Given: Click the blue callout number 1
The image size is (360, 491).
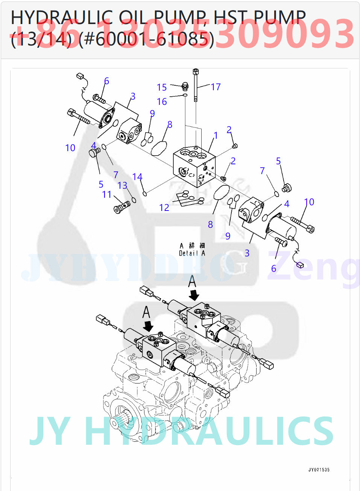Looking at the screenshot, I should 216,135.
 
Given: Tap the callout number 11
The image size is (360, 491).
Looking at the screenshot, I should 107,194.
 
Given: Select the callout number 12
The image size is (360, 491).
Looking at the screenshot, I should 164,208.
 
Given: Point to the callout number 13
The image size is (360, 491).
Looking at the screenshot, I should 122,185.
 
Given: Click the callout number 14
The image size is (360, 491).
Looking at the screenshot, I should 137,177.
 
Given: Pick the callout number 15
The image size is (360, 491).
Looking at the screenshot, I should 162,87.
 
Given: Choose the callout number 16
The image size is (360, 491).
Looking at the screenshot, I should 162,102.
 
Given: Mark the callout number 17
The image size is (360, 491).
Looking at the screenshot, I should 216,87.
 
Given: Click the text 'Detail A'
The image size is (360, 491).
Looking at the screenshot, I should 192,253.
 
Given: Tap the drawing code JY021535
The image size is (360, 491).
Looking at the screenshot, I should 319,470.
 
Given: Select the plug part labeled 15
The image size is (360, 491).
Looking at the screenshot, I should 184,87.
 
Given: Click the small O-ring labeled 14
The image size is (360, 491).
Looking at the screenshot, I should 144,194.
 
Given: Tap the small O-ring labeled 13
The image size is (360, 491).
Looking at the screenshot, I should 133,200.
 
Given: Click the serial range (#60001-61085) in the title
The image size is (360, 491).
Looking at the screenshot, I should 146,39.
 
